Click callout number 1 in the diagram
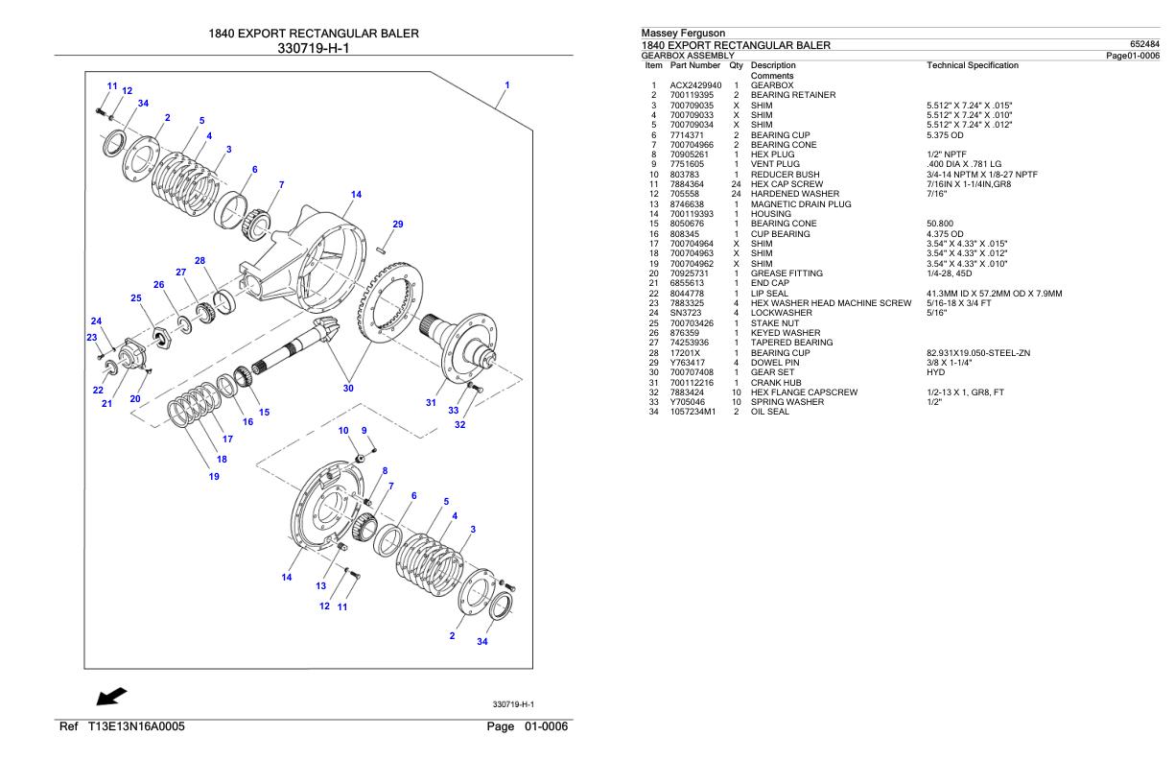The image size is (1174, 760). click(x=506, y=85)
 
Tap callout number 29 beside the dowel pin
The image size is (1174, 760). click(x=398, y=224)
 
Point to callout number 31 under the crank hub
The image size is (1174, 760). click(x=431, y=402)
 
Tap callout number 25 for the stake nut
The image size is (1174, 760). click(x=136, y=298)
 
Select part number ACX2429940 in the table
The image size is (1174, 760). click(x=695, y=84)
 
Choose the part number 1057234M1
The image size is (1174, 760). click(x=693, y=411)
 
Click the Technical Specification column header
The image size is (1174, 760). click(x=973, y=65)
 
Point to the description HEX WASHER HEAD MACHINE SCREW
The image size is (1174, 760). click(x=830, y=301)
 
